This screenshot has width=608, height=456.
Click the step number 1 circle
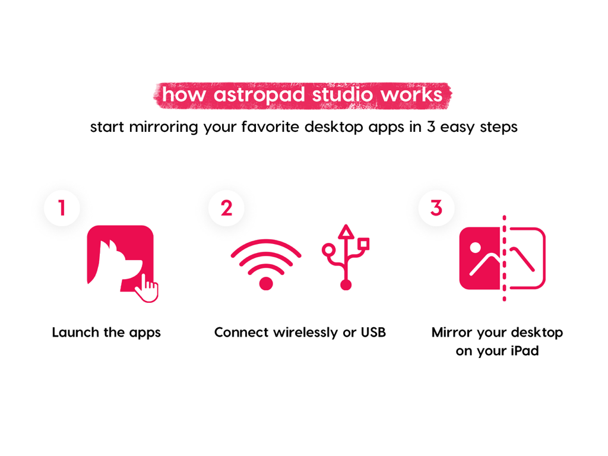62,208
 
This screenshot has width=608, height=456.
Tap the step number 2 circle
226,208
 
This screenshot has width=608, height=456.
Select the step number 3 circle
436,208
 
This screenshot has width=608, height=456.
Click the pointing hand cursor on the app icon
147,289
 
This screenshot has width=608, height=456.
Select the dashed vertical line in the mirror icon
504,258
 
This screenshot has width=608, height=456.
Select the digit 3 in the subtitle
431,127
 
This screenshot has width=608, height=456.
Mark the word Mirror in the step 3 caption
451,332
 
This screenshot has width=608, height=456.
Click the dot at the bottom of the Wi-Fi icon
266,283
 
